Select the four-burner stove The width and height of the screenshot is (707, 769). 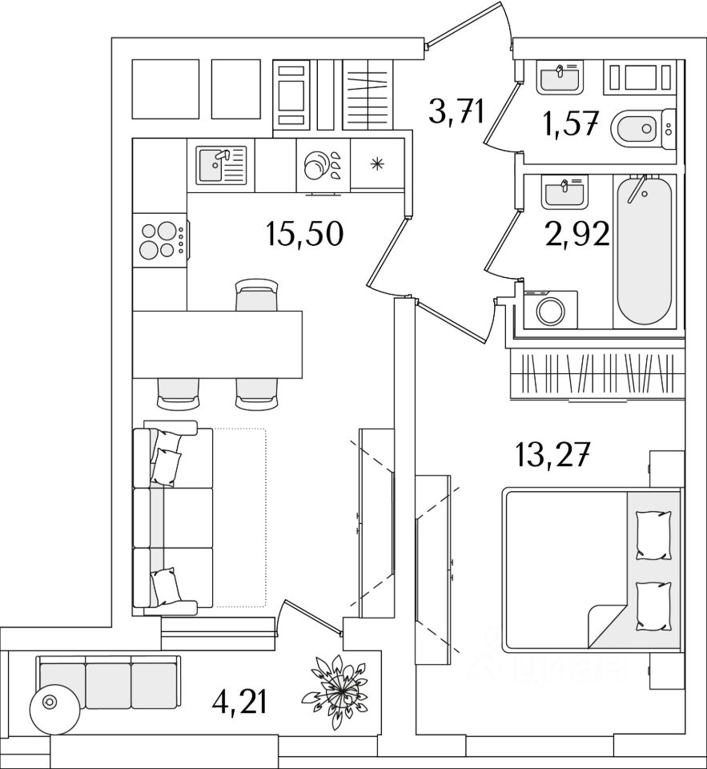coord(159,239)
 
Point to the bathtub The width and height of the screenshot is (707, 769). coord(643,250)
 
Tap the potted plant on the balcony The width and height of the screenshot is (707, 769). coord(339,688)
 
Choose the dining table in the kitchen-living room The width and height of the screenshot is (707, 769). coord(217,344)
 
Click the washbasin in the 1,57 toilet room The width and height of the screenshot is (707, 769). coord(561,79)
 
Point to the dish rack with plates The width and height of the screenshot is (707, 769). coord(323,165)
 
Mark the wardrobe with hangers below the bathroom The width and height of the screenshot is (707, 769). coord(597,373)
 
